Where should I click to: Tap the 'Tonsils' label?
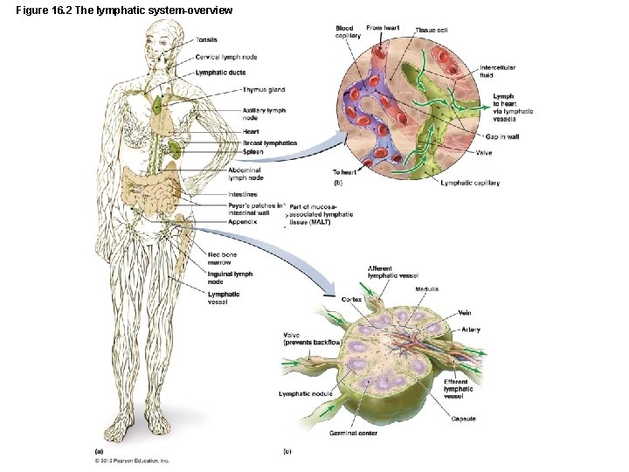tap(207, 39)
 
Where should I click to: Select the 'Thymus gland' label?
tap(265, 89)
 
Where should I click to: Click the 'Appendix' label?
tap(243, 222)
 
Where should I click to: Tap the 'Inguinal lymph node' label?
tap(230, 278)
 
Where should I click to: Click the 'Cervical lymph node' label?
tap(226, 57)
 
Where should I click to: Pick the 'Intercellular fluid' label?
tap(497, 72)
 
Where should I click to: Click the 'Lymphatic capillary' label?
tap(470, 183)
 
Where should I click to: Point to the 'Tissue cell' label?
tap(432, 31)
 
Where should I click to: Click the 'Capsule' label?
tap(463, 419)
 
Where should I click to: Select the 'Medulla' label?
tap(427, 288)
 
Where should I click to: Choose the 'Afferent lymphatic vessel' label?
tap(393, 272)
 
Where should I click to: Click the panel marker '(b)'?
tap(338, 183)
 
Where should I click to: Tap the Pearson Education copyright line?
tap(132, 460)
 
